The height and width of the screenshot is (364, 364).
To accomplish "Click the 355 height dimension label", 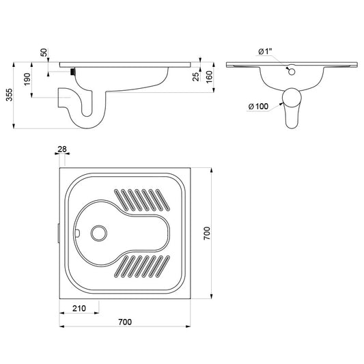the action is [x=10, y=95].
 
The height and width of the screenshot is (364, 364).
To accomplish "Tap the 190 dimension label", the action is [x=27, y=79].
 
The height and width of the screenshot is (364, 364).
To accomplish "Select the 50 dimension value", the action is [x=44, y=53].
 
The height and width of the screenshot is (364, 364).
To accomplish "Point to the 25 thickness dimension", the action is [x=196, y=76].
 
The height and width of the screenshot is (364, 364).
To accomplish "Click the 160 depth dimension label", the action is [x=209, y=77].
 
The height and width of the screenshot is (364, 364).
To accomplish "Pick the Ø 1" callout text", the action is [x=265, y=51].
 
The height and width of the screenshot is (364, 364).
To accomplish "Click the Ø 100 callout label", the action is [x=258, y=107].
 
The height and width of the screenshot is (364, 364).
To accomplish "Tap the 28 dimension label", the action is [x=62, y=149].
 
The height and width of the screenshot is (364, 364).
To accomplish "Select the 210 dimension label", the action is [x=79, y=308].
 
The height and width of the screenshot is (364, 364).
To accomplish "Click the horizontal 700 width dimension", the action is [x=125, y=322].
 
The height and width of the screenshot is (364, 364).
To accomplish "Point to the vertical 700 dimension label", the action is [x=207, y=234].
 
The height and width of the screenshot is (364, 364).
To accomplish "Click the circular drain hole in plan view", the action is [x=99, y=233].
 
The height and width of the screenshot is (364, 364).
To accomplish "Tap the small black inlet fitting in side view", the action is [x=73, y=71].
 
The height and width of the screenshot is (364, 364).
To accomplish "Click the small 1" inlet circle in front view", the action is [x=292, y=72].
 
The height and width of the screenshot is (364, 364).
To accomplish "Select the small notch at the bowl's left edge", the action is [x=78, y=233].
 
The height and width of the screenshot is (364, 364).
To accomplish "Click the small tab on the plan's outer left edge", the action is [x=59, y=233].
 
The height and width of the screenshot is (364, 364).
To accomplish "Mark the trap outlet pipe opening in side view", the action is [x=59, y=98].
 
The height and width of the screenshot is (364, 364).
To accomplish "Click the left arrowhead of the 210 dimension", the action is [x=61, y=313].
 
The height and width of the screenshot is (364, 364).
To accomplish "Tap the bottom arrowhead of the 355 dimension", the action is [x=14, y=126].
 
